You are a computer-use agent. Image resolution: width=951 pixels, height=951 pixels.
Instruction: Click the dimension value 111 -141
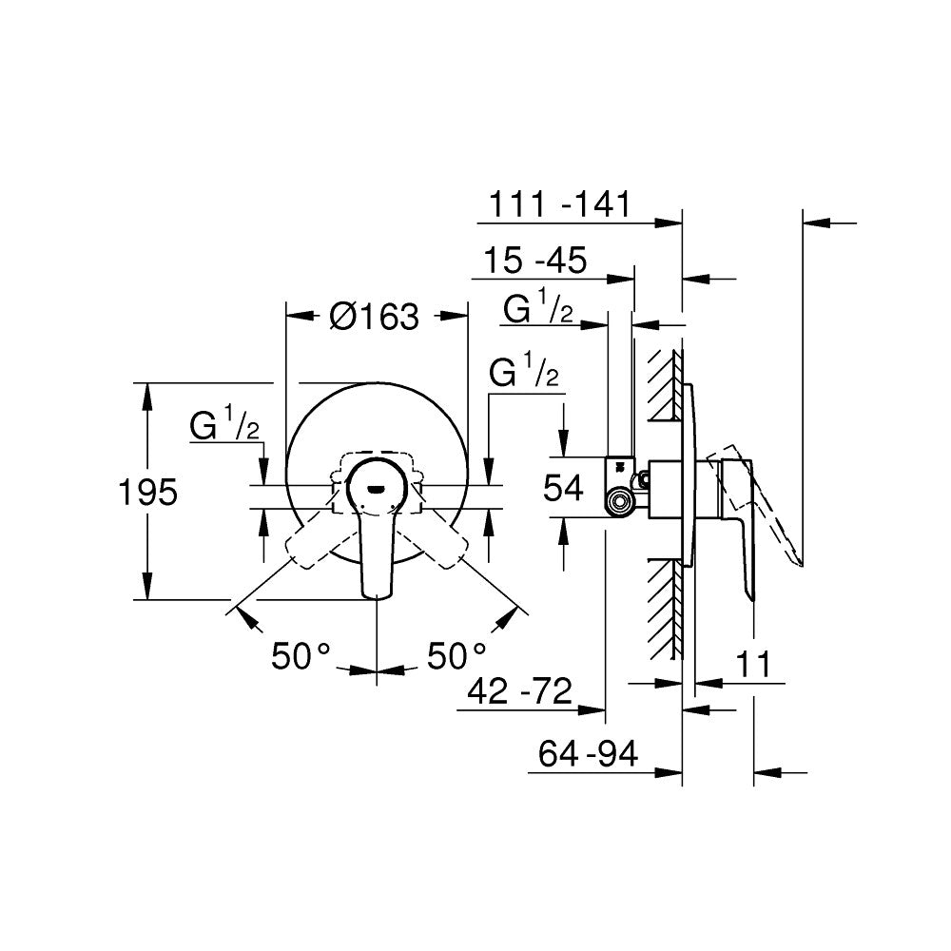(559, 204)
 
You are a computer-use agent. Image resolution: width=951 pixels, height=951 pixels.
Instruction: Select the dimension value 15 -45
(535, 260)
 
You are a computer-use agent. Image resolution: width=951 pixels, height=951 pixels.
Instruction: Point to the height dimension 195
(148, 492)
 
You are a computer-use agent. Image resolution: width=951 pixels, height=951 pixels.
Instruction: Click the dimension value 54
(564, 489)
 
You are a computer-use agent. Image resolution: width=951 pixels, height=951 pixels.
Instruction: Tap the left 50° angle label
(301, 655)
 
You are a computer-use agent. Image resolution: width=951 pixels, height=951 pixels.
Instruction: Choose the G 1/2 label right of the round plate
(523, 374)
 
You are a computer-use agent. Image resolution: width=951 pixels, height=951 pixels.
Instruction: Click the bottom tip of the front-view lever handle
(378, 594)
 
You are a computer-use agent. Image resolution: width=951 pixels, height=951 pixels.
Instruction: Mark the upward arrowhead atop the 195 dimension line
(148, 393)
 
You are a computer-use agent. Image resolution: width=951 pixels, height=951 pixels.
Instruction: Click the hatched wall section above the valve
(666, 385)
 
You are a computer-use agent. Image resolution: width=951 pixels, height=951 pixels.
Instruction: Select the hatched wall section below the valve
(666, 609)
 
